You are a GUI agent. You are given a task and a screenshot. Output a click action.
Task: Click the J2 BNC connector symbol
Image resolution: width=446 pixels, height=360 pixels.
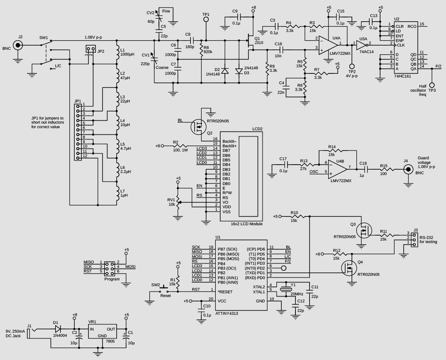pos(18,45)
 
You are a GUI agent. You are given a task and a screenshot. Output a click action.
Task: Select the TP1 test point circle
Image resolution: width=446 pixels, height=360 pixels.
pos(206,19)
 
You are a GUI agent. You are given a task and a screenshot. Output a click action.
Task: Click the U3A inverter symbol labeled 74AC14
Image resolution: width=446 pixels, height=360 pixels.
pos(361,45)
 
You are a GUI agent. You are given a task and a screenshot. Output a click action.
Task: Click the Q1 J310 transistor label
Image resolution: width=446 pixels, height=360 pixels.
pos(258,40)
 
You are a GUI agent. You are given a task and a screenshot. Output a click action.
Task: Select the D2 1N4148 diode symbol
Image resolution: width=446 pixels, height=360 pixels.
pos(225,71)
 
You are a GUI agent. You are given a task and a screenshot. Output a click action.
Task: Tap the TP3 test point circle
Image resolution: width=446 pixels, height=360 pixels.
pos(432,85)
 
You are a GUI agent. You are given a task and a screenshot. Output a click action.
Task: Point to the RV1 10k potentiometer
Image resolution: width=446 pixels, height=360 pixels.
pos(178,202)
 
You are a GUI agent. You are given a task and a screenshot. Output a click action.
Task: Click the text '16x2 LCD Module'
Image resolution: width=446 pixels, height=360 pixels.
pos(246,224)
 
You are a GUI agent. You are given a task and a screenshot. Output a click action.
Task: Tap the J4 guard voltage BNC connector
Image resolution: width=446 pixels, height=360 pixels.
pos(408,170)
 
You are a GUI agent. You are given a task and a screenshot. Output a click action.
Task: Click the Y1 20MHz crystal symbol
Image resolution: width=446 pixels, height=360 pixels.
pos(285,289)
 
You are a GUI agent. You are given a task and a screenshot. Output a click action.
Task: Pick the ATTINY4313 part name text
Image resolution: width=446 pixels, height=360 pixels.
pos(227,314)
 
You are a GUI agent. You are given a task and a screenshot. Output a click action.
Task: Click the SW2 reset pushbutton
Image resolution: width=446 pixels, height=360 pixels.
pos(163,290)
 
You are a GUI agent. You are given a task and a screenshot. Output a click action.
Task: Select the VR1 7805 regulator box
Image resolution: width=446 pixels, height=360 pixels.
pos(102,331)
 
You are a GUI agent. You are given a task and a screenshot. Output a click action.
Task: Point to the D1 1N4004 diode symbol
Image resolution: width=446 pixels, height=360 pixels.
pos(58,329)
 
